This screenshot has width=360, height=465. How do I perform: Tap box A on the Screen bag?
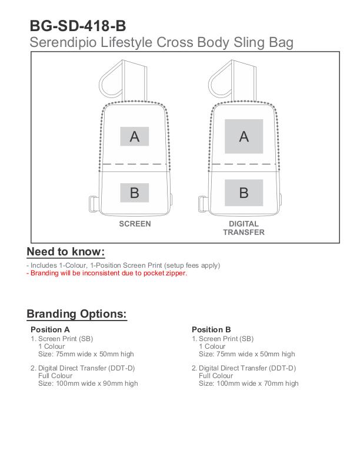tap(135, 136)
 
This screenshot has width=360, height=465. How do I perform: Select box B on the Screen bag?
tap(135, 192)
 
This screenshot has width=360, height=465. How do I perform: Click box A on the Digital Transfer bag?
tap(244, 136)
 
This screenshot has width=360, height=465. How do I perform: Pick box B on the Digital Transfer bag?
tap(244, 192)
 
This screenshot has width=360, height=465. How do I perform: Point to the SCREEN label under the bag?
tap(135, 224)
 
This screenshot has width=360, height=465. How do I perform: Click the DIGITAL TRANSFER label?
tap(244, 228)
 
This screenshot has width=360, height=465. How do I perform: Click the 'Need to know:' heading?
tap(65, 252)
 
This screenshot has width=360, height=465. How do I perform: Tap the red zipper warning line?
tap(107, 273)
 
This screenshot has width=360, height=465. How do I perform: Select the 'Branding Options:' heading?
tap(76, 314)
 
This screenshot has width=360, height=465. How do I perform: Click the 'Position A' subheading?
tap(50, 329)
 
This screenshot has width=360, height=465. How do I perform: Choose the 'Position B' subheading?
tap(211, 329)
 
